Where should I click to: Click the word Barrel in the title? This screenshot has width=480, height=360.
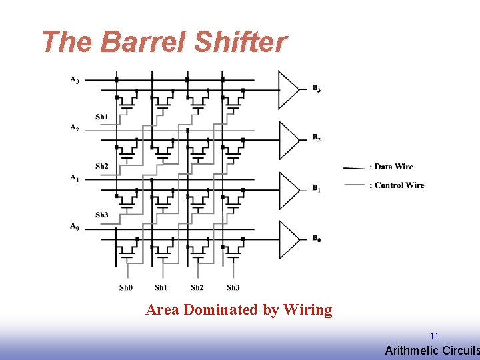point(143,43)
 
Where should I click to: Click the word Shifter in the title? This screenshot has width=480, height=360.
point(240,43)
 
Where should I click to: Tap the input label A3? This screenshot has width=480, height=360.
point(75,80)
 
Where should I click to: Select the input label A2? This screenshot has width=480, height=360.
point(75,127)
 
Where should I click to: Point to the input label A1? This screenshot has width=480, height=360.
point(75,177)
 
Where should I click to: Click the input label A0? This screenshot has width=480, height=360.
point(75,227)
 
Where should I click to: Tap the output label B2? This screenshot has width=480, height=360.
point(317,138)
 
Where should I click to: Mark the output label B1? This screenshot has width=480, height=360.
point(317,189)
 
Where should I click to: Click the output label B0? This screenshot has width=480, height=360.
point(317,239)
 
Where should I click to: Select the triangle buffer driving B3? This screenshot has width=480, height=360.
point(289,89)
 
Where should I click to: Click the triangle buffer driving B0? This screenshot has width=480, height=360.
point(289,239)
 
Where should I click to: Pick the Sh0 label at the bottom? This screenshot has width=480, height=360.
point(126,287)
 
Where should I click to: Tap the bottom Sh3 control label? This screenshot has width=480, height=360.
point(233,287)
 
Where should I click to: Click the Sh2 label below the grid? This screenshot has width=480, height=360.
point(197,287)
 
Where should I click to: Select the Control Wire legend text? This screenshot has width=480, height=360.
point(399,185)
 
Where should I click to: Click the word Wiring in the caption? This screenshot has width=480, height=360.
point(307,310)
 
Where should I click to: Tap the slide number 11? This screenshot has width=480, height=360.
point(434,337)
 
